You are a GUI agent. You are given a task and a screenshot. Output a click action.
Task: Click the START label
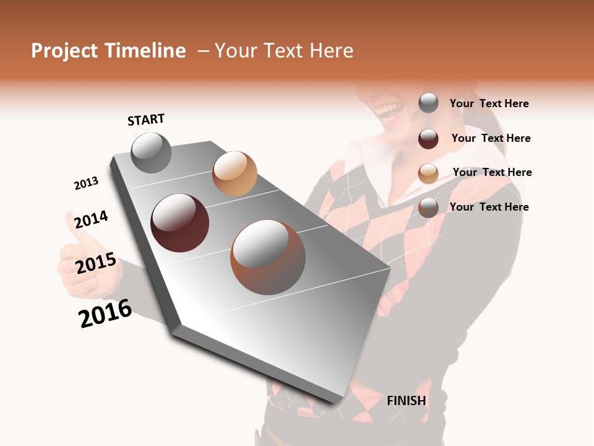click(146, 120)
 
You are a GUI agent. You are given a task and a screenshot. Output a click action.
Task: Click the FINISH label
click(407, 401)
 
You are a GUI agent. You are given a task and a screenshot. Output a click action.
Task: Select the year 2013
click(86, 183)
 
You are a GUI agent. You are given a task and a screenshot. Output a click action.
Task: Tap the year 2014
click(91, 219)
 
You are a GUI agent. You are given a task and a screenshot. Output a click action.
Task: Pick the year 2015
click(96, 263)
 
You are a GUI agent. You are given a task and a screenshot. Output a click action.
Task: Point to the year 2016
click(105, 313)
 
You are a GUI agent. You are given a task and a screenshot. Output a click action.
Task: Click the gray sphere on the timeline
click(151, 152)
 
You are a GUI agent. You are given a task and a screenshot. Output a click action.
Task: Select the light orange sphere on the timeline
click(235, 173)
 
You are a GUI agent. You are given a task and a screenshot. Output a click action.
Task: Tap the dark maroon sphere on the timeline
click(180, 223)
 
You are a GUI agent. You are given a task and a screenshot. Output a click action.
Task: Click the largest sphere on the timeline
click(268, 257)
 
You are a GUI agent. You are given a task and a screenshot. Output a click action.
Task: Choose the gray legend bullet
click(428, 103)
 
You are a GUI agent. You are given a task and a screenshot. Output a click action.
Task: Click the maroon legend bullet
click(428, 139)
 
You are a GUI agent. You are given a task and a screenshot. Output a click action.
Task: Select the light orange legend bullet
click(428, 173)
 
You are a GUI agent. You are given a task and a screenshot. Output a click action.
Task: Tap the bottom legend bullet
click(428, 208)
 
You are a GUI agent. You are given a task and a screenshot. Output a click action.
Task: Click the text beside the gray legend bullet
click(489, 104)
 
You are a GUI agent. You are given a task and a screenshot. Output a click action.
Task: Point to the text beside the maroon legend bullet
click(491, 138)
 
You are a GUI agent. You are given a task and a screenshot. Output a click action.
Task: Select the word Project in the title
click(65, 51)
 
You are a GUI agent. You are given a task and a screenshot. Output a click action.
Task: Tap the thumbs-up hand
click(80, 260)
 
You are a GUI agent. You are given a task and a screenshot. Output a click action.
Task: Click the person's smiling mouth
click(389, 111)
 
